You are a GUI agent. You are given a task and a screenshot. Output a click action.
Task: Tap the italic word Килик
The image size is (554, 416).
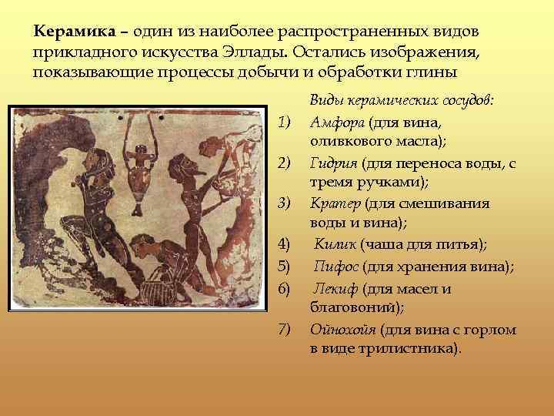336,244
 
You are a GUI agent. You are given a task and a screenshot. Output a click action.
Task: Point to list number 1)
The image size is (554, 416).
285,122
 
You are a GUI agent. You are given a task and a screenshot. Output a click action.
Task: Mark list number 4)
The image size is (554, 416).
285,244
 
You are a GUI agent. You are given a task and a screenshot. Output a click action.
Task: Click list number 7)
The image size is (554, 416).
285,329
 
